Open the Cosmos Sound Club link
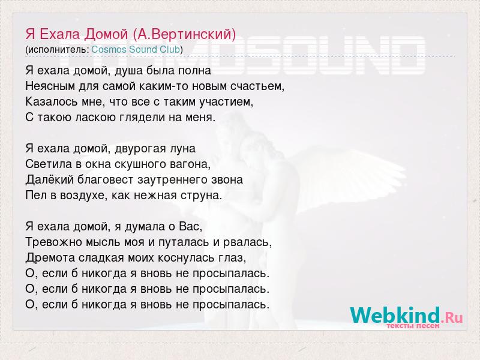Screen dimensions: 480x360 click(x=136, y=49)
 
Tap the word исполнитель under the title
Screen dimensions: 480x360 click(x=57, y=50)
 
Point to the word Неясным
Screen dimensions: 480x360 click(x=50, y=86)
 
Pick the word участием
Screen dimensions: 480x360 click(x=226, y=102)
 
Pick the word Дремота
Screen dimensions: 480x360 click(x=50, y=258)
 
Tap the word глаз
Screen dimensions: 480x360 click(x=232, y=258)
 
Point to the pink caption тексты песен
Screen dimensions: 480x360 click(x=413, y=326)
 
